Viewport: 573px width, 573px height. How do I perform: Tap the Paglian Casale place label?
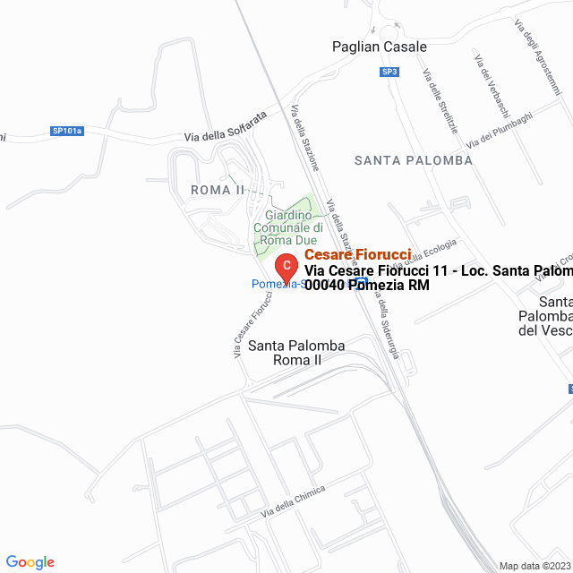coord(379,47)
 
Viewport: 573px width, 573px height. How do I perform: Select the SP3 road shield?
coord(389,72)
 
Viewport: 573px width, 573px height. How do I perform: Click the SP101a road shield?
coord(67,131)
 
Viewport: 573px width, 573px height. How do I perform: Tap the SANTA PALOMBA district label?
coord(413,160)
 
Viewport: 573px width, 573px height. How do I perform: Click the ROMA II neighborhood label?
coord(218,190)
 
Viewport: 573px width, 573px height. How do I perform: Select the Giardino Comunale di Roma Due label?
coord(286,227)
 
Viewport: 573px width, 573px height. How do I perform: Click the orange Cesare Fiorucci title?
coord(357,255)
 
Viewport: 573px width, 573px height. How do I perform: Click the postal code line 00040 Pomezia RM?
coord(367,286)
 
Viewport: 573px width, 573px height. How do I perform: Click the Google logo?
coord(30,561)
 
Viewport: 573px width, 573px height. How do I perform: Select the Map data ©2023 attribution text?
coord(535,566)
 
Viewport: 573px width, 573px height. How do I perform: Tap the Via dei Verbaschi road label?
coord(492,85)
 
